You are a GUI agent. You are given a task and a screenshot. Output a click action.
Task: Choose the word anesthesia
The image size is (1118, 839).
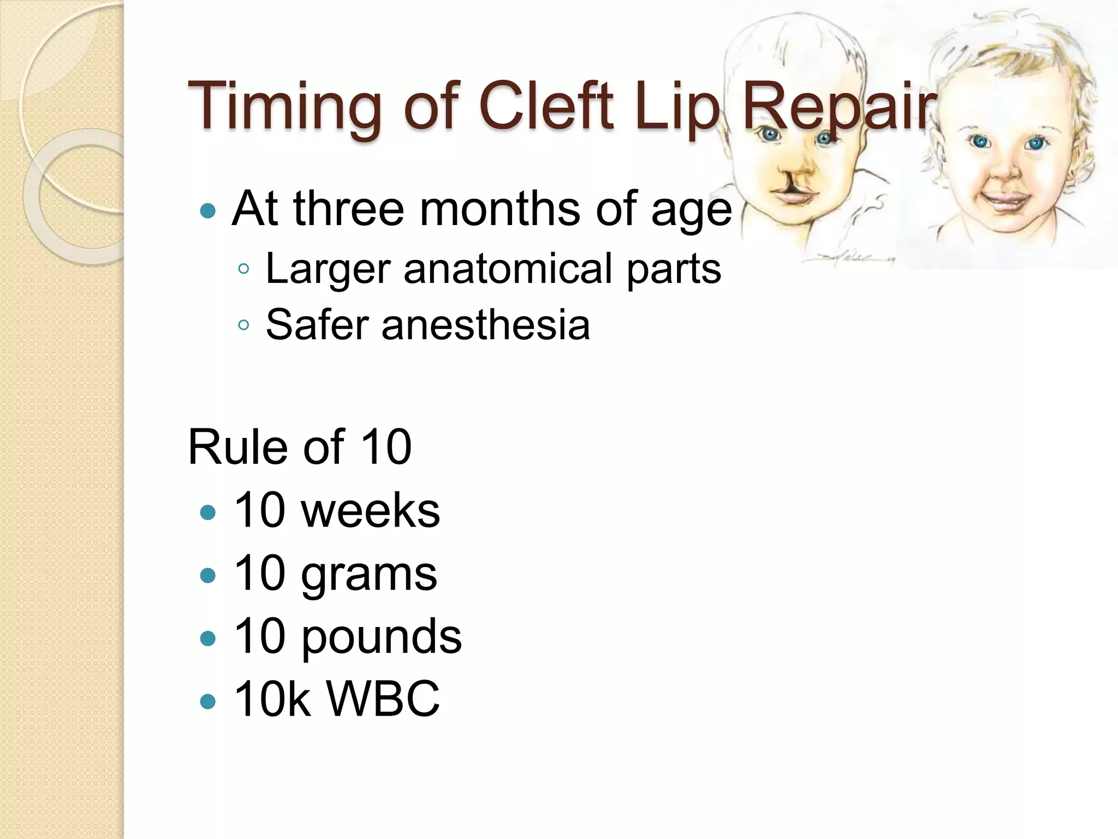tap(485, 325)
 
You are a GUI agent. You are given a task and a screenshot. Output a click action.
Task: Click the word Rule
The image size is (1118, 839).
tap(237, 447)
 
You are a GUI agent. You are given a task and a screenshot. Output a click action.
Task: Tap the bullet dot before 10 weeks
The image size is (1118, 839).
tap(207, 512)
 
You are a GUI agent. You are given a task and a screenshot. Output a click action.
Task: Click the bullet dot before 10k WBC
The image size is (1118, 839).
tap(207, 701)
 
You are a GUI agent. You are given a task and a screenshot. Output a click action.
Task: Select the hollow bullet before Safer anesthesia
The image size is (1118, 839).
tap(243, 326)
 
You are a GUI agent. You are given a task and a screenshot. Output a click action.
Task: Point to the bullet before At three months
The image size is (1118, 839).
tap(207, 210)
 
